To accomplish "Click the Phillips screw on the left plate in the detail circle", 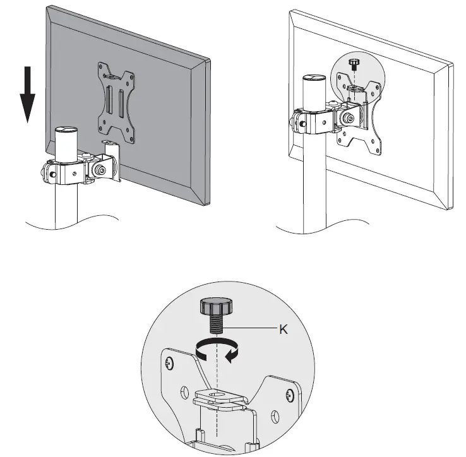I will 171,364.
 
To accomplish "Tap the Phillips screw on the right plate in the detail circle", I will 289,396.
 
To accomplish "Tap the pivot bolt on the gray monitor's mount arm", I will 100,170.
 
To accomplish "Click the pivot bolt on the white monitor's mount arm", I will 347,118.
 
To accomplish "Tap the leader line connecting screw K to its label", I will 253,329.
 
